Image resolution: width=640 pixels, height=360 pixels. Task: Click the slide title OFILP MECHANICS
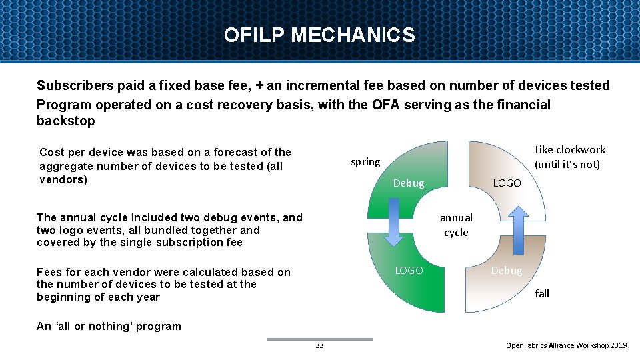click(x=319, y=35)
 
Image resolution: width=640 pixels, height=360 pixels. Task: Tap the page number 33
click(x=319, y=345)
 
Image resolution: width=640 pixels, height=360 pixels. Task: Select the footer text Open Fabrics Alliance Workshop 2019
click(x=567, y=345)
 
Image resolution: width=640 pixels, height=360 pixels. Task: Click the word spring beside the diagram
click(x=365, y=162)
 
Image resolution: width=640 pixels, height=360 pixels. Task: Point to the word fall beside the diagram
click(x=542, y=293)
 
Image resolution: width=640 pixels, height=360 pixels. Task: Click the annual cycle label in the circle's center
click(x=456, y=225)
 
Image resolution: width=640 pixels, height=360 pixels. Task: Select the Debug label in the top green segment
click(x=409, y=183)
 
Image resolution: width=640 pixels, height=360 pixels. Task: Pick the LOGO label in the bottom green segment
click(x=409, y=270)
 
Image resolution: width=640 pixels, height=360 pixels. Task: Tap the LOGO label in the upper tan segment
click(x=507, y=183)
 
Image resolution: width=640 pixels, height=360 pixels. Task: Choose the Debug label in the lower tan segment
click(x=507, y=270)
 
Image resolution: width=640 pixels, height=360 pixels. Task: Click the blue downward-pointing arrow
click(x=394, y=226)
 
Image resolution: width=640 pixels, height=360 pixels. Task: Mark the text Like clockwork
click(x=570, y=149)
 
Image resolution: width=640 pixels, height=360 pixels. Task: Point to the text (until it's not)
click(x=567, y=165)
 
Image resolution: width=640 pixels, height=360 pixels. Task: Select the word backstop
click(x=66, y=121)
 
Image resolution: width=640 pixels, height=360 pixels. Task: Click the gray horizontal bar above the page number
click(x=320, y=339)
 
